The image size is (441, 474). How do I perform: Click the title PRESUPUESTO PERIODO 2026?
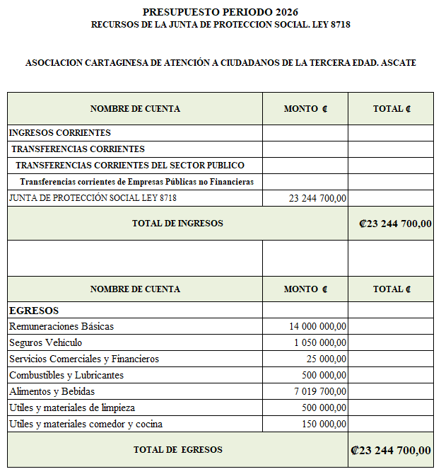click(x=220, y=12)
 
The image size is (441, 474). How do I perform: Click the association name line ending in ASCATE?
click(x=220, y=63)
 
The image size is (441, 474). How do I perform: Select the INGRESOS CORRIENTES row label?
click(x=60, y=132)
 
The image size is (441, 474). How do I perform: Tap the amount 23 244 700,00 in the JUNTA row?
click(x=317, y=198)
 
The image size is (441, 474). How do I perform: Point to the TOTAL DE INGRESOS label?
click(x=177, y=224)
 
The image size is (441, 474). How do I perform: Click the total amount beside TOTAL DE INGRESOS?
click(x=395, y=224)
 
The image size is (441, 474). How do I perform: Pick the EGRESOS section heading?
click(x=33, y=311)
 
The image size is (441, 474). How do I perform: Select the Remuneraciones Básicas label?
click(x=61, y=326)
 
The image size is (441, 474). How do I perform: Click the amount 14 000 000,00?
click(x=317, y=326)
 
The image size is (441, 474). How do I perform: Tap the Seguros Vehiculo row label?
click(x=45, y=342)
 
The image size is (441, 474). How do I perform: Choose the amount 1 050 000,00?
click(x=320, y=342)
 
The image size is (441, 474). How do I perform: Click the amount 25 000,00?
click(x=327, y=359)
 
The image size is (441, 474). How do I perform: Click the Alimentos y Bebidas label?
click(x=52, y=391)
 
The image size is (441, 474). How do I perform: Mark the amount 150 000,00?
click(x=324, y=424)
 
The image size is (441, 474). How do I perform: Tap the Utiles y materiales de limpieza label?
click(x=71, y=407)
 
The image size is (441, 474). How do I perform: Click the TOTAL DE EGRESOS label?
click(x=177, y=449)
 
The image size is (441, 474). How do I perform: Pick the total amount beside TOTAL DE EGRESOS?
click(x=390, y=450)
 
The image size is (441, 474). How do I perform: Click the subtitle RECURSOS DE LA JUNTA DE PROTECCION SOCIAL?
click(x=220, y=25)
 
